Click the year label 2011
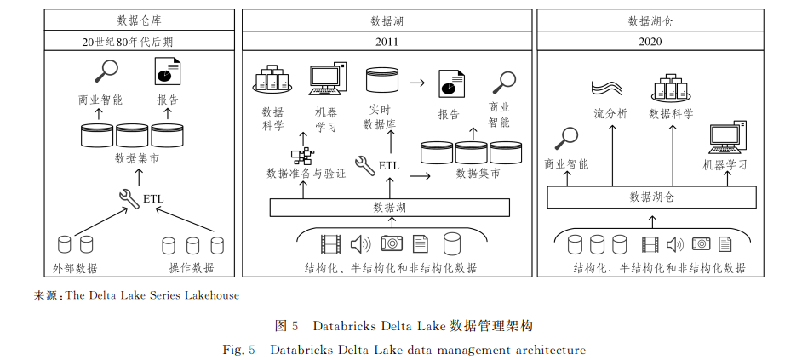point(387,42)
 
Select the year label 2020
point(650,42)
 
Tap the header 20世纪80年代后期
point(139,42)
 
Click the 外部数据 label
point(75,267)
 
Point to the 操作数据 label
point(192,267)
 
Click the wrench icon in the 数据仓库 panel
point(129,199)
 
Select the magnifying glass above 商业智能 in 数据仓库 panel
point(106,71)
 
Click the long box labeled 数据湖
point(390,207)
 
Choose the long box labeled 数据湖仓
point(651,197)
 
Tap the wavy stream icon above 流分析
point(607,88)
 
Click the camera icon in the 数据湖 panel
point(392,243)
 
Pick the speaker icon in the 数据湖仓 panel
point(675,244)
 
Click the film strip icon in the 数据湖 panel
point(330,244)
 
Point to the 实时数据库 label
point(379,117)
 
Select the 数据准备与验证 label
point(306,174)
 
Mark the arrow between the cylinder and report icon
point(418,82)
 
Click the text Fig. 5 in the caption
point(238,351)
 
